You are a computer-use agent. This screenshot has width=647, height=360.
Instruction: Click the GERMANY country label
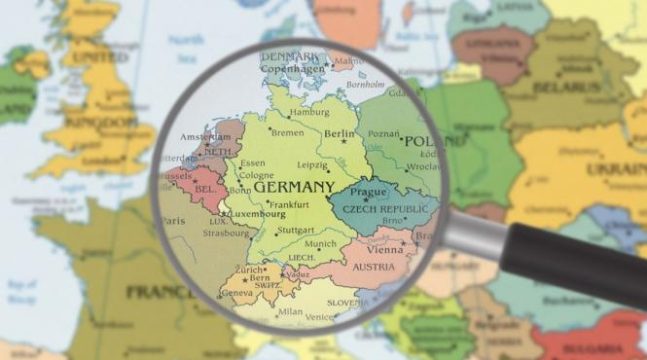(x=294, y=187)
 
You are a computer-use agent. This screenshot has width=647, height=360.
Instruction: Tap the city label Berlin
(x=340, y=134)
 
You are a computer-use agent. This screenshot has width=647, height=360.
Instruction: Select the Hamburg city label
(x=308, y=112)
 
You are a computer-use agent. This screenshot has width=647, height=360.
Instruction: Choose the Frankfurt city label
(x=289, y=205)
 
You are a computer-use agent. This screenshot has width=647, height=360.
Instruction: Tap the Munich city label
(x=320, y=244)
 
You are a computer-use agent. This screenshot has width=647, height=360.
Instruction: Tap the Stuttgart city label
(x=295, y=231)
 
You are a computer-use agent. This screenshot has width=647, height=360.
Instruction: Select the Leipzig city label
(x=312, y=165)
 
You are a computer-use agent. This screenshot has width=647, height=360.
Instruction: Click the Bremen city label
(x=287, y=132)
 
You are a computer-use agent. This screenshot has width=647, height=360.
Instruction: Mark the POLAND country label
(x=421, y=142)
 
